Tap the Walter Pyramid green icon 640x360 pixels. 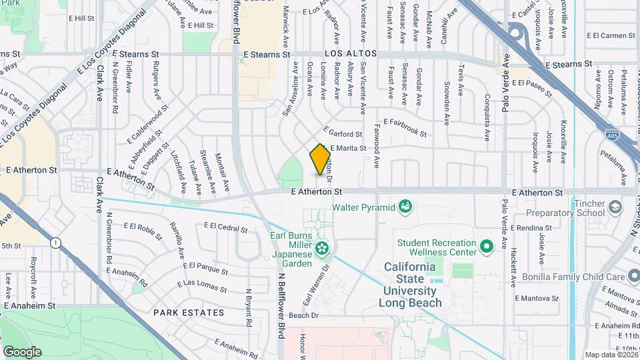pos(405,207)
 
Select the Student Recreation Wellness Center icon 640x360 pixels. pos(487,247)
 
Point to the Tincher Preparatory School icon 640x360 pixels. pos(614,208)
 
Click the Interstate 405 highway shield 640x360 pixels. pos(611,135)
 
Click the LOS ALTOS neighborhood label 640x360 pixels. pos(351,53)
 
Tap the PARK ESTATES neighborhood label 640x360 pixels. pos(188,312)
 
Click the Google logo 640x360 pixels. pos(22,351)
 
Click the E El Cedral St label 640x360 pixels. pos(226,229)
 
